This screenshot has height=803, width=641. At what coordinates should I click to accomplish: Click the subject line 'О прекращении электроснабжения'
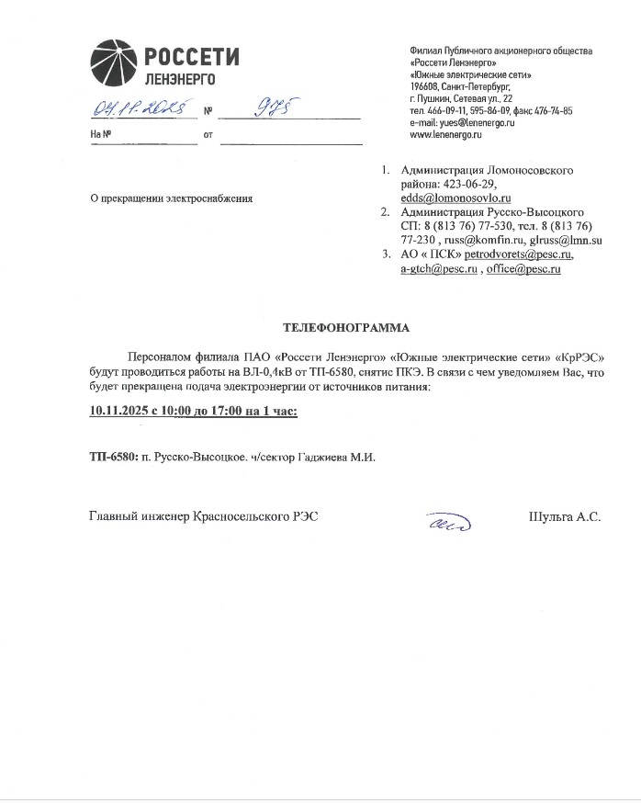(x=170, y=198)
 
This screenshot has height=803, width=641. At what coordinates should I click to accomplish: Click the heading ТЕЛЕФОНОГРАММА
(x=346, y=327)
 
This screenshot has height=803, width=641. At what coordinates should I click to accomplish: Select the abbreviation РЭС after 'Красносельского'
(x=307, y=517)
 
